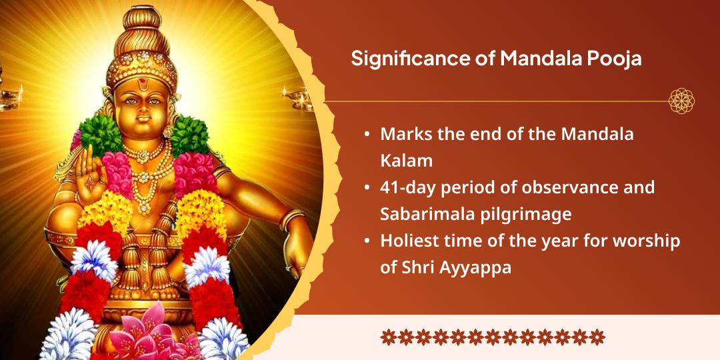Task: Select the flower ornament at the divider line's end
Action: click(x=681, y=101)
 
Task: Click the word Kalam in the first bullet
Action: click(x=402, y=161)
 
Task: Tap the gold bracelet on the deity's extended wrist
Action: click(x=291, y=219)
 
